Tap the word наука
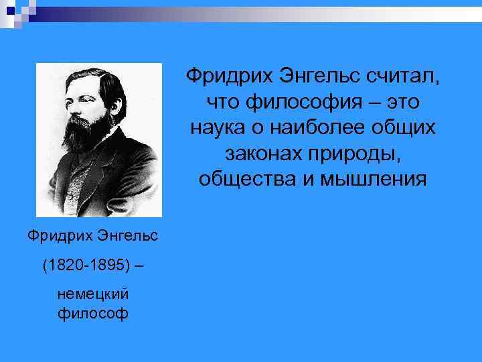tap(218, 128)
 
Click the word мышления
tap(370, 179)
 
